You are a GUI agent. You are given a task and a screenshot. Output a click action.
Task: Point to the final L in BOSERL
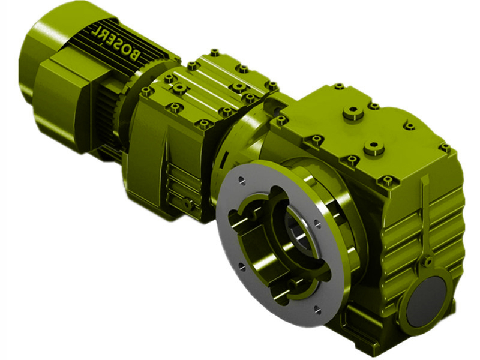point(95,28)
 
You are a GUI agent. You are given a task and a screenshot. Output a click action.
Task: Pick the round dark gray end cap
point(427,301)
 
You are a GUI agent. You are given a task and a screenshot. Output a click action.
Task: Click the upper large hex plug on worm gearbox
point(353,113)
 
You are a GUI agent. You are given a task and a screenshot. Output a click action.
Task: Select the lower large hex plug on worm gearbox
point(374,148)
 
